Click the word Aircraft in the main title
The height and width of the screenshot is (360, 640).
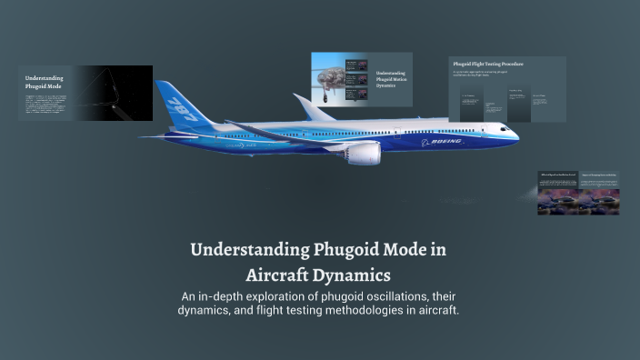click(x=285, y=273)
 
